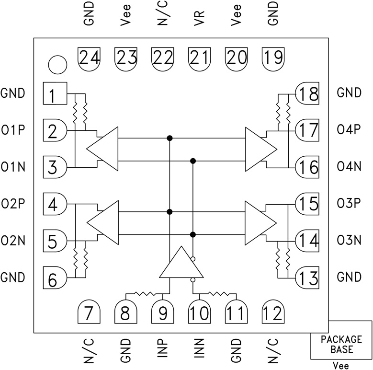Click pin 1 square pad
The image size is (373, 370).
click(55, 93)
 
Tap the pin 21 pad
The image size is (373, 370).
click(200, 58)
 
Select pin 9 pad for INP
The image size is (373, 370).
click(162, 313)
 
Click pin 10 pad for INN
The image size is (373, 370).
click(200, 313)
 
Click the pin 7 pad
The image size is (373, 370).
click(89, 313)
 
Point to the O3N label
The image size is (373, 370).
click(350, 240)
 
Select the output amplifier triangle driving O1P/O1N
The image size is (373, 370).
click(105, 149)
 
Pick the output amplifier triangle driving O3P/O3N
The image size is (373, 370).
click(259, 222)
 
